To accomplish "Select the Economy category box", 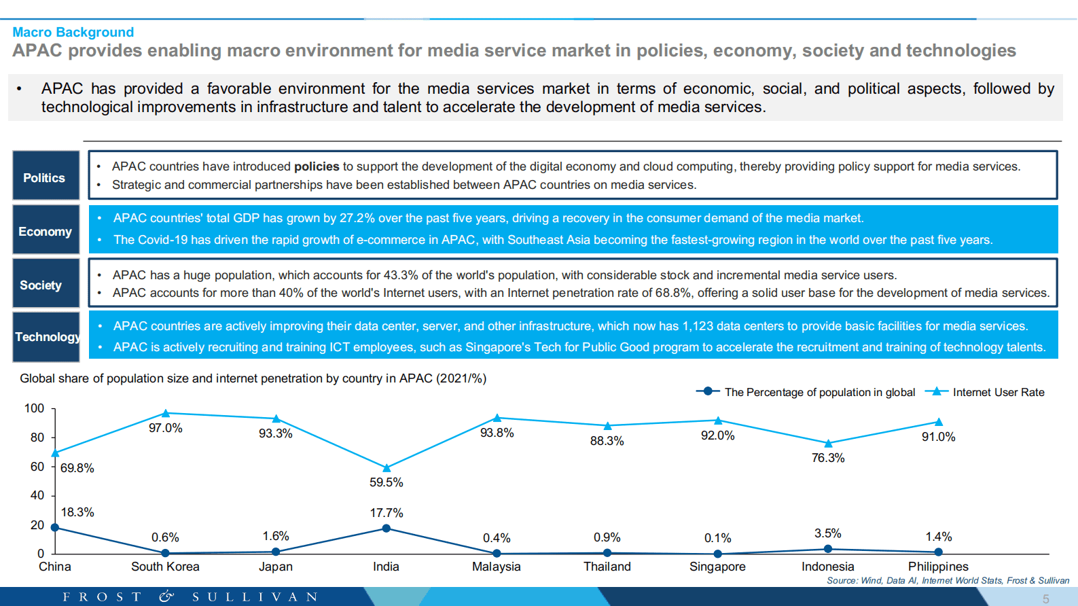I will (46, 230).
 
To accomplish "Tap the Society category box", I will (46, 284).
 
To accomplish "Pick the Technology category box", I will (46, 336).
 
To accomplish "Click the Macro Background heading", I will (73, 32).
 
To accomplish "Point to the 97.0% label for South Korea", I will (166, 428).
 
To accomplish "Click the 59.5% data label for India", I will (387, 482).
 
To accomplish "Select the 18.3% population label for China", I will (77, 512).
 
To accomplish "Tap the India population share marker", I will (387, 528).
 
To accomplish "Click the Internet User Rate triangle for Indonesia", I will (828, 444).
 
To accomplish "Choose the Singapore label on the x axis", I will (717, 567).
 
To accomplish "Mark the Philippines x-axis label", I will (938, 567).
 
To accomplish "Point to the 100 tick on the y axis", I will (34, 408).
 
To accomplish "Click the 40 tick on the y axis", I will (37, 495).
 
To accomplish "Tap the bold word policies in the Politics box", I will (317, 166).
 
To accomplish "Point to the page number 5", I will (1046, 599).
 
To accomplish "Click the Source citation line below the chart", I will (948, 580).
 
